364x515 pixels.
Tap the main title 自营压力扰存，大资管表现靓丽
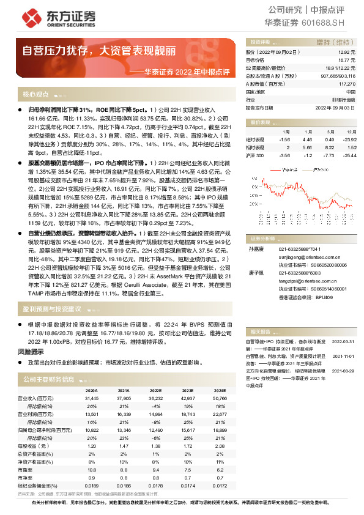[x=100, y=50]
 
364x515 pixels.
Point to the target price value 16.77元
[x=346, y=61]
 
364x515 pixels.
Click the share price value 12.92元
[x=346, y=53]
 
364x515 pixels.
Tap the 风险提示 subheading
[x=31, y=352]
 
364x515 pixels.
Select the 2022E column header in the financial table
[x=155, y=390]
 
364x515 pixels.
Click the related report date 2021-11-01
[x=343, y=355]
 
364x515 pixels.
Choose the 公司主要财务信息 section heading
[x=48, y=379]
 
